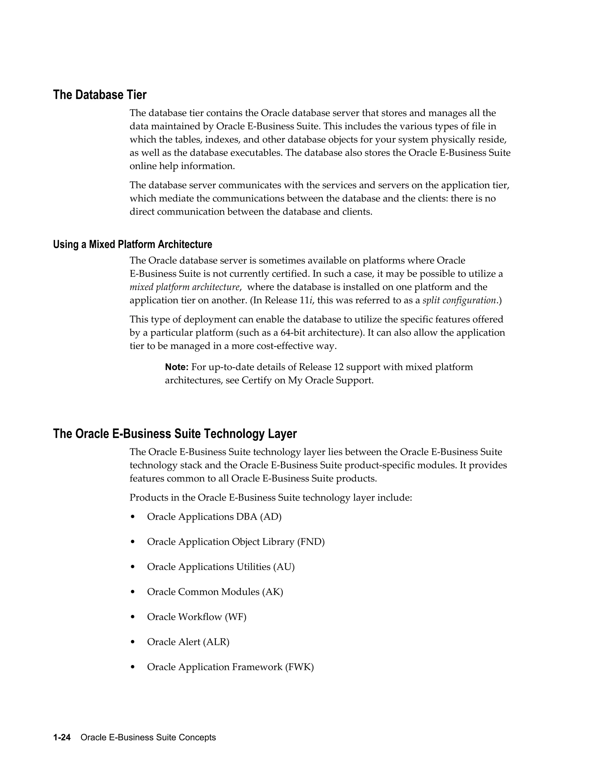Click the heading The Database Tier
[x=100, y=95]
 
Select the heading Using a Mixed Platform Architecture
[x=132, y=244]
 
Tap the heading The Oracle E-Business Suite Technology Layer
[x=175, y=434]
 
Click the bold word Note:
[x=177, y=367]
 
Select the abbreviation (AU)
[x=284, y=566]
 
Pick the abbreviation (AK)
[x=273, y=592]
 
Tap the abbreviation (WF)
[x=235, y=617]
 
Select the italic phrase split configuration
[x=459, y=300]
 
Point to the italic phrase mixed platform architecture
[x=184, y=287]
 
